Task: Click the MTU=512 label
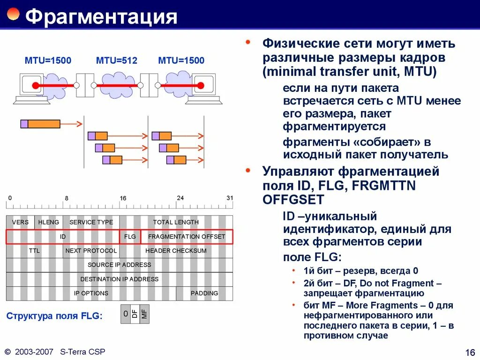click(x=116, y=60)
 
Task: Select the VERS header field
click(x=20, y=222)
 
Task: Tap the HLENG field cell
click(x=49, y=222)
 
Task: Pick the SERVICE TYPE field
click(x=91, y=222)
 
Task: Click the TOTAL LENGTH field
click(x=176, y=222)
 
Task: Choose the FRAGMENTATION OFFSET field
click(x=187, y=237)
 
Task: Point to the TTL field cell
click(x=34, y=251)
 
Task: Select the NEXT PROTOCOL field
click(x=91, y=251)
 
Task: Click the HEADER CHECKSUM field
click(x=176, y=251)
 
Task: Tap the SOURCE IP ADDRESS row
click(x=120, y=265)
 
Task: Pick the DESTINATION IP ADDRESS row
click(x=120, y=279)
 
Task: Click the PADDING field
click(x=204, y=293)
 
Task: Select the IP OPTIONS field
click(x=91, y=293)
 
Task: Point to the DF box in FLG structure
click(x=135, y=314)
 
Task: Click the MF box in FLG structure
click(x=144, y=314)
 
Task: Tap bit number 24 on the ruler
click(x=180, y=198)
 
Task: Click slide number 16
click(x=470, y=352)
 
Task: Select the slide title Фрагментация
click(x=101, y=17)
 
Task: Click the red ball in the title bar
click(x=13, y=14)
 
